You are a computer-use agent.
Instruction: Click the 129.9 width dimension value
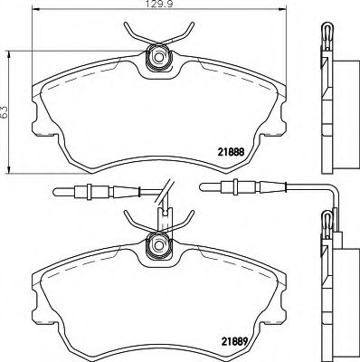tap(158, 6)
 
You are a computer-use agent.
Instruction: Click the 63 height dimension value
tap(6, 111)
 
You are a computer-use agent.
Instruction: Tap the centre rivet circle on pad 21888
tap(160, 58)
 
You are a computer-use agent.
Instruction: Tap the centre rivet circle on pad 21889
tap(160, 244)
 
